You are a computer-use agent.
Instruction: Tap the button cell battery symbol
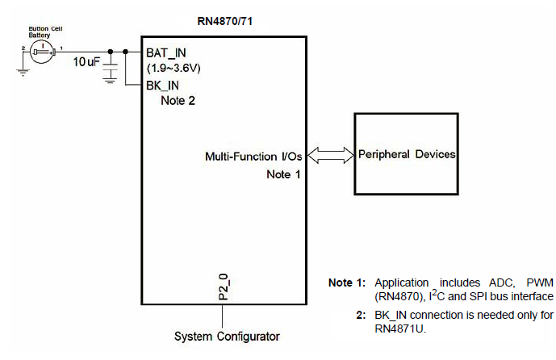point(40,52)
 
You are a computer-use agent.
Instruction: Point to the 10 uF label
point(86,61)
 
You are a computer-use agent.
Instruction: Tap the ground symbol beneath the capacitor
point(111,79)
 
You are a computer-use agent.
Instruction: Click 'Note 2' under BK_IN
point(178,102)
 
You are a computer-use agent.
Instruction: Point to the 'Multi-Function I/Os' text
point(253,155)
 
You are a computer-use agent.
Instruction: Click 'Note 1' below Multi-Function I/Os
point(283,174)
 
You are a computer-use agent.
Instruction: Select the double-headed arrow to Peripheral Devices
point(329,154)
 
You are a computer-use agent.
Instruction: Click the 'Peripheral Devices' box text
point(408,154)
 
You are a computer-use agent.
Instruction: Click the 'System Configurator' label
point(227,336)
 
